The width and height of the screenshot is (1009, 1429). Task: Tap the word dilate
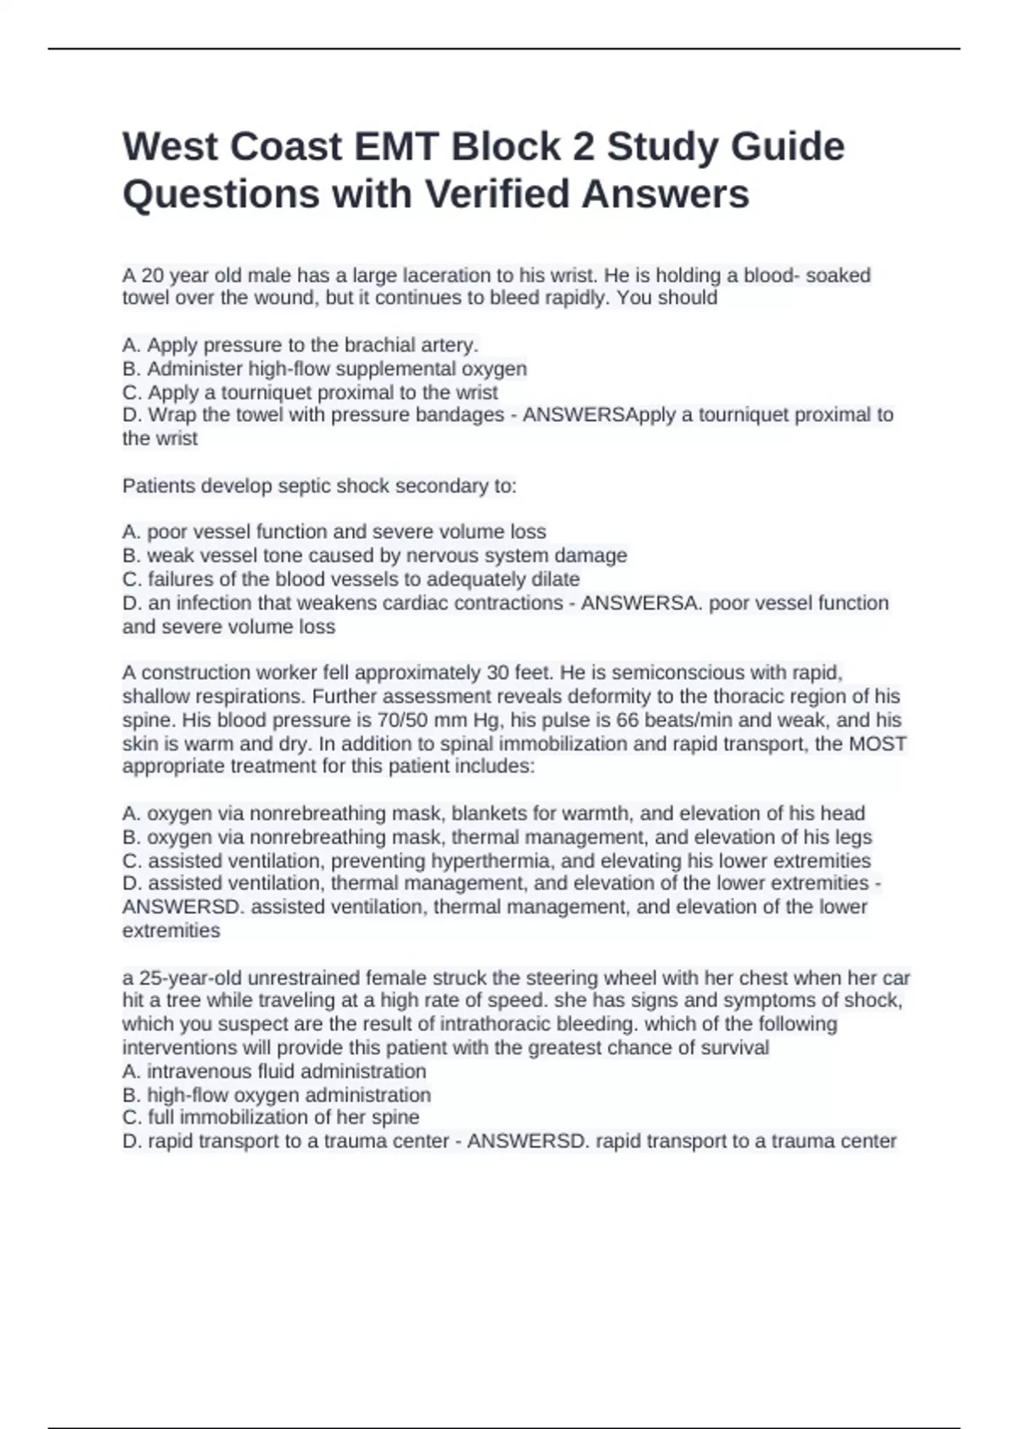click(x=555, y=579)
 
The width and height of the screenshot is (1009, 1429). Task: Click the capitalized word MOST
click(x=878, y=744)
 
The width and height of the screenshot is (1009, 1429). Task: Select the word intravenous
click(x=191, y=1072)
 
